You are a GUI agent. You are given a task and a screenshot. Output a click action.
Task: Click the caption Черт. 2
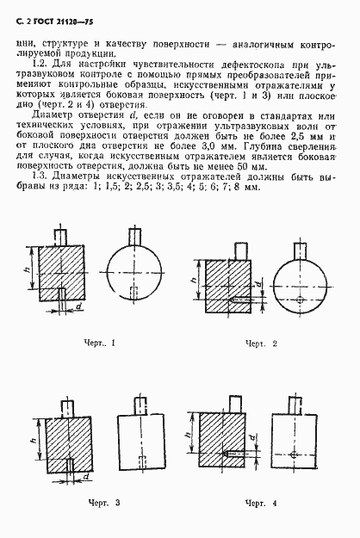(259, 344)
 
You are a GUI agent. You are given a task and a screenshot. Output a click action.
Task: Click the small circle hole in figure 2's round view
(297, 300)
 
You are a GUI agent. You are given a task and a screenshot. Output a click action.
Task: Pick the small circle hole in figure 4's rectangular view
(293, 454)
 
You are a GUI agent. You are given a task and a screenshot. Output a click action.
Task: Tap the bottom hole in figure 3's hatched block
(66, 464)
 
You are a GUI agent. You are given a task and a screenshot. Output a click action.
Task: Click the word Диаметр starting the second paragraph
(51, 114)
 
